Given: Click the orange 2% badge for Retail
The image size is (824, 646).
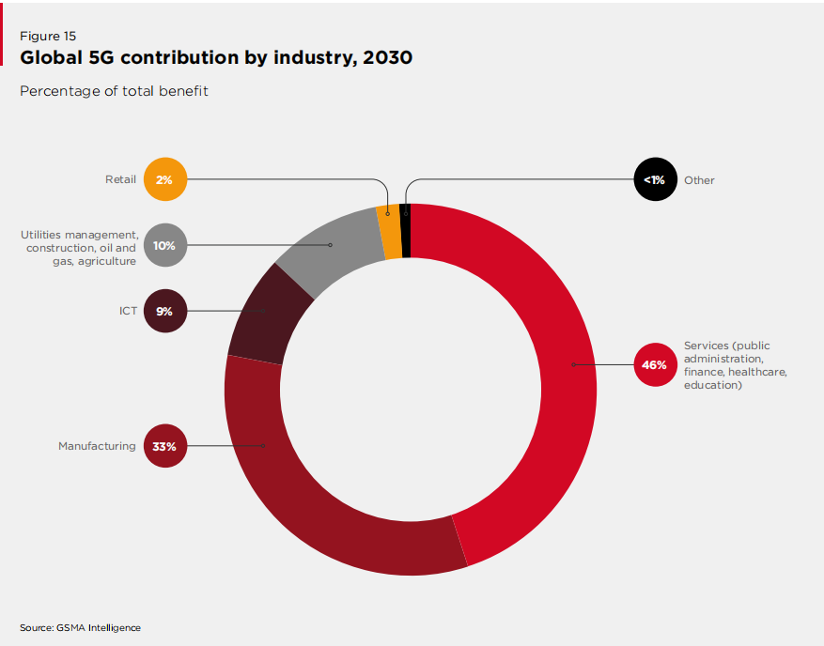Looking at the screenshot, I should click(x=165, y=179).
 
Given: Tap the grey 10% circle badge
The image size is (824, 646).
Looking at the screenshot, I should click(x=165, y=245).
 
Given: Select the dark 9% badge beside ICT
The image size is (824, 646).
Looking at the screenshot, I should click(x=165, y=311).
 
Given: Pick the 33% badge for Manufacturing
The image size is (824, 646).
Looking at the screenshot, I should click(x=165, y=446).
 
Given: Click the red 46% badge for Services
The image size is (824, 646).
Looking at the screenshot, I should click(x=655, y=364).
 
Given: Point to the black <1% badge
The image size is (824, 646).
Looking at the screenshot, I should click(x=655, y=179).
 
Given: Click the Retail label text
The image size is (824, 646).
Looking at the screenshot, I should click(x=120, y=179).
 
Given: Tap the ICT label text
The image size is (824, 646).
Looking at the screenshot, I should click(x=128, y=311).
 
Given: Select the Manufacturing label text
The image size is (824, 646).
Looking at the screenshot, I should click(x=97, y=446).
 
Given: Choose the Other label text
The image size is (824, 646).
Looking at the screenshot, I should click(x=699, y=180).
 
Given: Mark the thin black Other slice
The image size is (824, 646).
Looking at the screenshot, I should click(x=406, y=230).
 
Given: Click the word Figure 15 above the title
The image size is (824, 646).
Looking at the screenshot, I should click(x=49, y=36).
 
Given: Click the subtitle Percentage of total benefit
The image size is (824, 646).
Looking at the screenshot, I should click(x=114, y=91).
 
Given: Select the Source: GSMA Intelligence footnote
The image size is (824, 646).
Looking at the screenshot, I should click(x=80, y=627).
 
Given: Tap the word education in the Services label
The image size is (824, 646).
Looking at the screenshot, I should click(x=713, y=385).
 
